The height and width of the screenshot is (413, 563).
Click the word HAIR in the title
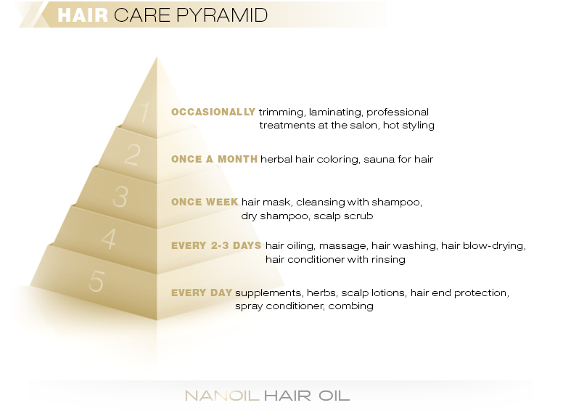point(82,15)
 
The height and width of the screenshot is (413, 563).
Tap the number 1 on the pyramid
point(144,113)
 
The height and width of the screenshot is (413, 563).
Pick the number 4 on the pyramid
point(108,239)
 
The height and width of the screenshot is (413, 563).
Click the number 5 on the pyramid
point(96,282)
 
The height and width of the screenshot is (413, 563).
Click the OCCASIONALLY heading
point(213,113)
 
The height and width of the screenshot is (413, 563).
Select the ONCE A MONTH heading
point(214,160)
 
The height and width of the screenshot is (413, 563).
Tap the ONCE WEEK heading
point(205,203)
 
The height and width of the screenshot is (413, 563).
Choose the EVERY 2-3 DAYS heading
point(216,246)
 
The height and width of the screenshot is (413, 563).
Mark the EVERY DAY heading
point(202,293)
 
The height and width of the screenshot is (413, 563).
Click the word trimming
point(282,113)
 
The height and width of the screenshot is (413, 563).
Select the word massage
point(342,246)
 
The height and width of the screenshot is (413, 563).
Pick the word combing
point(350,306)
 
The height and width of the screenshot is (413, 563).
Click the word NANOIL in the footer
point(221,396)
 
